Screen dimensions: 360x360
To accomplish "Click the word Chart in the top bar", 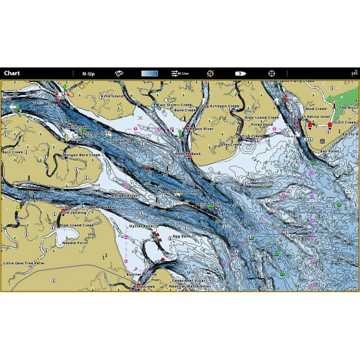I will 12,74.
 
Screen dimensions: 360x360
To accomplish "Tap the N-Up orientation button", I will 89,74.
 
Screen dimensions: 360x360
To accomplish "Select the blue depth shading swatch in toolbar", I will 149,74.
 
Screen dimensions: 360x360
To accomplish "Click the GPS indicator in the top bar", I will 354,73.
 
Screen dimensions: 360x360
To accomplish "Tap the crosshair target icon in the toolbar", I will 271,74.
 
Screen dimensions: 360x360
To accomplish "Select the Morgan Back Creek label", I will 82,155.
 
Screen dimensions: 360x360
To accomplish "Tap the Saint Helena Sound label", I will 180,192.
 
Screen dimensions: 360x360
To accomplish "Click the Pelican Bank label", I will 209,204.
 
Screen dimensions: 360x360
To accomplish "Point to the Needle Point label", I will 75,243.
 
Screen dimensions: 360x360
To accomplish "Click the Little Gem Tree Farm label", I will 24,264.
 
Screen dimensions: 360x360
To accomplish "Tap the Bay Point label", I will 329,151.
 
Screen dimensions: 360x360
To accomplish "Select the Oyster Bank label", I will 141,226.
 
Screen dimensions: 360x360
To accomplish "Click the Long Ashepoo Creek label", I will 219,106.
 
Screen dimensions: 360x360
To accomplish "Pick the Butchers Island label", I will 141,274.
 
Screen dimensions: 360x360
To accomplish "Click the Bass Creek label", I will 13,152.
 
